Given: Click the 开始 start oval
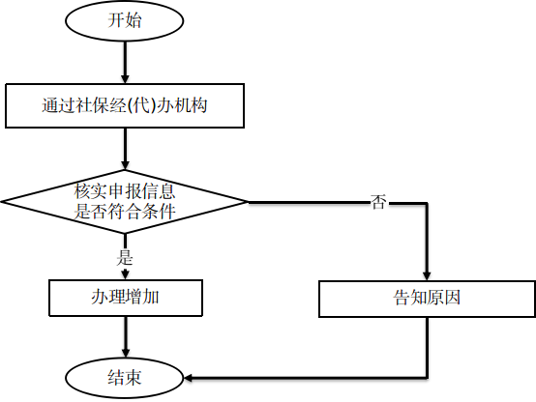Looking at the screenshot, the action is (125, 20).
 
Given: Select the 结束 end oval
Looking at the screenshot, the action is (125, 378).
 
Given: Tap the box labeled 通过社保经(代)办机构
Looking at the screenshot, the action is (125, 105).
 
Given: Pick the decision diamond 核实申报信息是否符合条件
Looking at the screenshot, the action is (125, 202).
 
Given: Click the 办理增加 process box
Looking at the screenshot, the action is (126, 298).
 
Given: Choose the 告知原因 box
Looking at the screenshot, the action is (427, 299).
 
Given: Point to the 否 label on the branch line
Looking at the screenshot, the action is (378, 202).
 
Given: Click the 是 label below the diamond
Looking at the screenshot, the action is (125, 257).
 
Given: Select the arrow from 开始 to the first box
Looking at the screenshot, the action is (125, 62).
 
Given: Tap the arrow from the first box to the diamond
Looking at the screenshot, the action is (125, 149).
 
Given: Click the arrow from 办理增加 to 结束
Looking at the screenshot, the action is (126, 337).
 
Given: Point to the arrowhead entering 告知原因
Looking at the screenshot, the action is (427, 276).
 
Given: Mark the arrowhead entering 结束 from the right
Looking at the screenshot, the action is (189, 378).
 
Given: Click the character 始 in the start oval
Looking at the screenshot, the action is (133, 20).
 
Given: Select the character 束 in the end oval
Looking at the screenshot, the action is (133, 378).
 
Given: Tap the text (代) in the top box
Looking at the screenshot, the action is (141, 105).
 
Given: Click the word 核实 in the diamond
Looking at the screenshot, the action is (91, 191).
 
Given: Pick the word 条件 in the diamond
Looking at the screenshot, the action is (159, 212).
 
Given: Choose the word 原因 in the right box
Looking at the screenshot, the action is (444, 298).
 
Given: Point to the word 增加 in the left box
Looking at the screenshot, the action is (142, 297).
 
